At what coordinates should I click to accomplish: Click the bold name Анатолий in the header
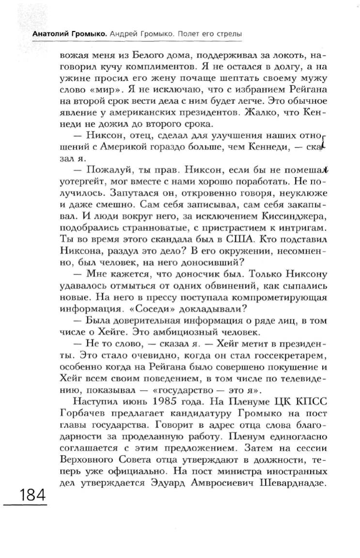(x=49, y=35)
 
